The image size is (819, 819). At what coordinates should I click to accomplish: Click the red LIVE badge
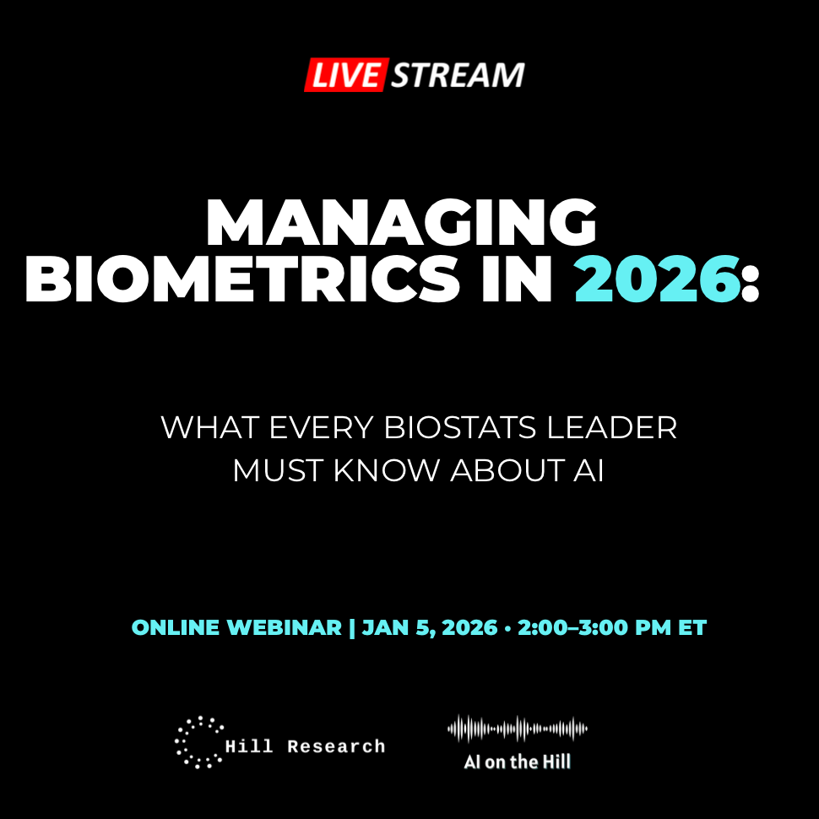(x=345, y=75)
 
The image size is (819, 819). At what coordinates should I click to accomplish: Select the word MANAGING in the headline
(x=401, y=224)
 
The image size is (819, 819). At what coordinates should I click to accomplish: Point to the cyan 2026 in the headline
(x=657, y=282)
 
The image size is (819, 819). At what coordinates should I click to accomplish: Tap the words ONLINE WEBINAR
(x=236, y=628)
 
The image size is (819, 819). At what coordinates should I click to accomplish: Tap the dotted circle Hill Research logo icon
(x=198, y=742)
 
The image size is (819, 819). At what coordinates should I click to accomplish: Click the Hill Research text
(x=305, y=746)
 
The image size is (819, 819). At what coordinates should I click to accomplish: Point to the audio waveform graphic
(x=517, y=729)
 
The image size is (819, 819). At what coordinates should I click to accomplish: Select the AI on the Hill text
(x=517, y=762)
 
